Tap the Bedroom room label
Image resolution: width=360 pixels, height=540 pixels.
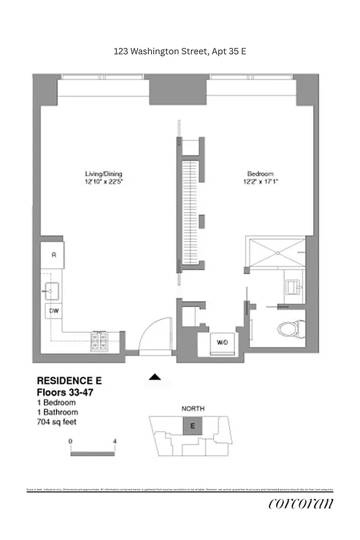258,173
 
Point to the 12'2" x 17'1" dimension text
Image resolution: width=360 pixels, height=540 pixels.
258,182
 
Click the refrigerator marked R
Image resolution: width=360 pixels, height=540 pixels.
53,254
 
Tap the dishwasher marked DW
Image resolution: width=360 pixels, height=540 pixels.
53,310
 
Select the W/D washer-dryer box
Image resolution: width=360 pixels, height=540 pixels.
222,342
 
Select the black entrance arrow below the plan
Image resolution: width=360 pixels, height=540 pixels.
155,377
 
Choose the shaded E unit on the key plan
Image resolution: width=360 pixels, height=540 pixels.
192,426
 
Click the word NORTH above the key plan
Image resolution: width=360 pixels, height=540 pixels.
193,409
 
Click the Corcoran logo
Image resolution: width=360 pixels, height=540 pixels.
301,504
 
